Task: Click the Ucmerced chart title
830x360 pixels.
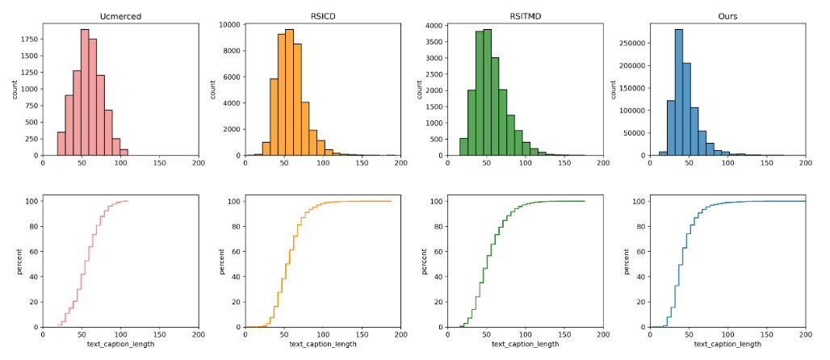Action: coord(121,15)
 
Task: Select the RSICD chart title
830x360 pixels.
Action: coord(324,15)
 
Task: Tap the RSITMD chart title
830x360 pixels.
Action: coord(526,15)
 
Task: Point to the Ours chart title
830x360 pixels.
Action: coord(728,15)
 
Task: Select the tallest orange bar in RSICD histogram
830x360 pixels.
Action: coord(288,93)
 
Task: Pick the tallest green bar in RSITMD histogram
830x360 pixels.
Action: coord(487,93)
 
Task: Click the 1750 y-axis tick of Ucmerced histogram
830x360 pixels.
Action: coord(27,38)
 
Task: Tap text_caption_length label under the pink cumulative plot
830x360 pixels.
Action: coord(121,345)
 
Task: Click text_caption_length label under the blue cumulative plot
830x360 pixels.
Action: coord(728,345)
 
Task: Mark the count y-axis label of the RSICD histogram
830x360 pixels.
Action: coord(213,89)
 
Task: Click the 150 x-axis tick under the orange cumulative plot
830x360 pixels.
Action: coord(363,333)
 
